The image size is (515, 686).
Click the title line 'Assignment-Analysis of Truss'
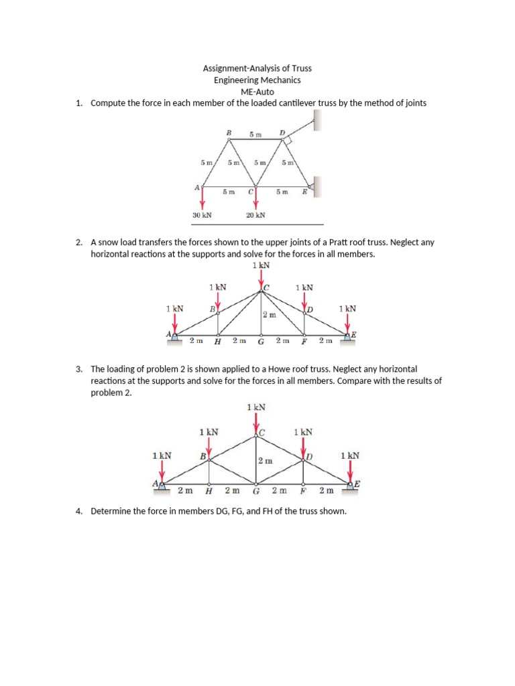[257, 68]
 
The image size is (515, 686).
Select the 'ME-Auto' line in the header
[257, 92]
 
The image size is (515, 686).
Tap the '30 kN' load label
[202, 215]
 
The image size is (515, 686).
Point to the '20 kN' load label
[255, 215]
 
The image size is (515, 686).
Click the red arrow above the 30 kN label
[203, 197]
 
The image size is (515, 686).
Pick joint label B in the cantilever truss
[229, 133]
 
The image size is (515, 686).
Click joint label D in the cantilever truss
[282, 133]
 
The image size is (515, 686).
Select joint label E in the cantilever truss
[304, 192]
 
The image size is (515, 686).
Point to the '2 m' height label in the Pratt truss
[268, 314]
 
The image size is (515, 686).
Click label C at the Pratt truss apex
[266, 288]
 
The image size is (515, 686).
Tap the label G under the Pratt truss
[261, 342]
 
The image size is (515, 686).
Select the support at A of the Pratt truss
[174, 336]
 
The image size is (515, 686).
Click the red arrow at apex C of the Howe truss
[255, 423]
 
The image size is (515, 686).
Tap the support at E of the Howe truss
[351, 486]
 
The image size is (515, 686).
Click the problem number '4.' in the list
[78, 511]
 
